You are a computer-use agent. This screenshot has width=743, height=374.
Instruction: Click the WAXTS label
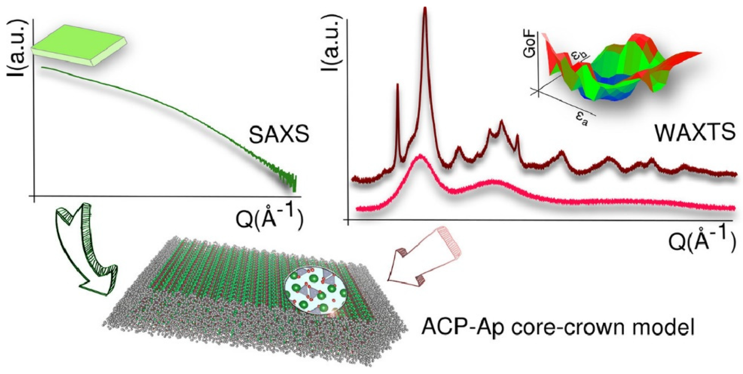695,132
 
